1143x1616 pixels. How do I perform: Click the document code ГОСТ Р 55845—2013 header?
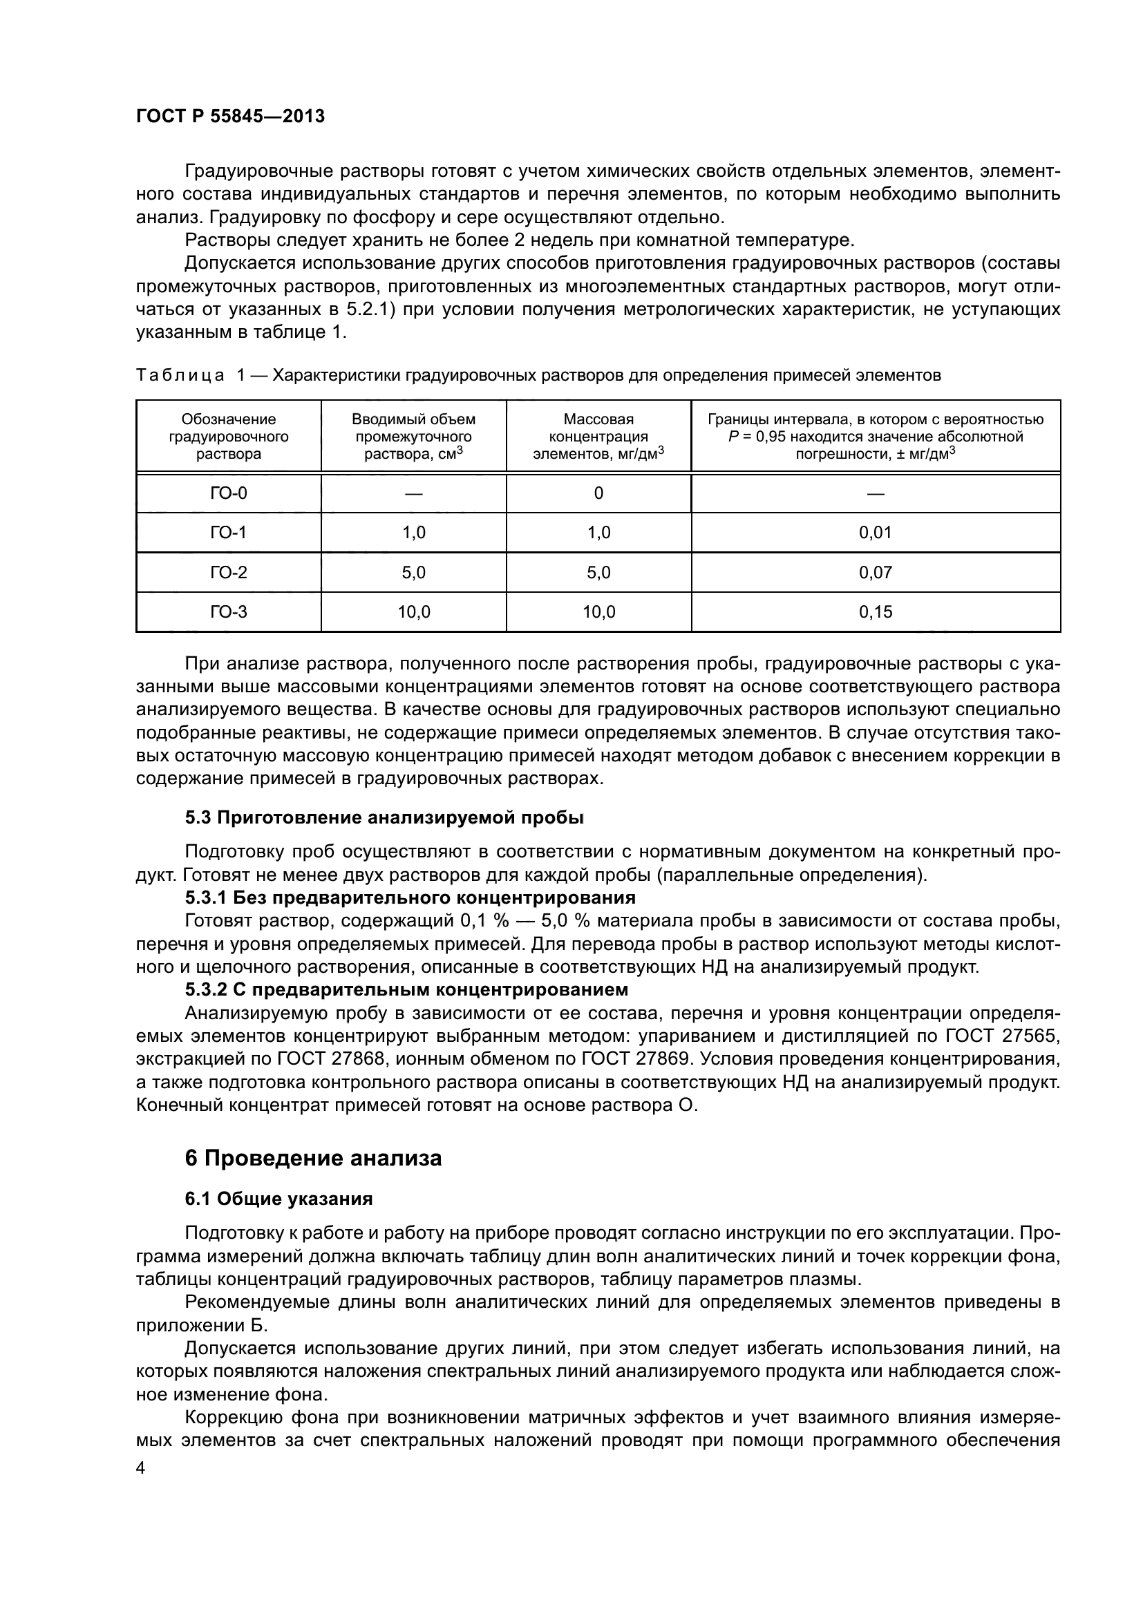coord(230,117)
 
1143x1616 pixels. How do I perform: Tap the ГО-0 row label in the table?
coord(229,493)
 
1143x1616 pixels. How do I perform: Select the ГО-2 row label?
coord(229,572)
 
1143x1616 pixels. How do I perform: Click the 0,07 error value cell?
coord(875,572)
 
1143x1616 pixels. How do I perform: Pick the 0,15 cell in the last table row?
coord(875,612)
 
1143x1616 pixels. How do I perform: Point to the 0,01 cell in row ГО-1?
coord(875,533)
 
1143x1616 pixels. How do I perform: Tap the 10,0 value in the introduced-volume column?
coord(414,612)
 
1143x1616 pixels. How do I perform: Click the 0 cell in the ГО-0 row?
coord(598,493)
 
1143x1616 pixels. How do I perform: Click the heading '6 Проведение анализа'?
coord(313,1159)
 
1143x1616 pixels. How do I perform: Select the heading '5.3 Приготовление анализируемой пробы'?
coord(384,817)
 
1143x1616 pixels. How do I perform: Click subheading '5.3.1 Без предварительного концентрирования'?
coord(410,897)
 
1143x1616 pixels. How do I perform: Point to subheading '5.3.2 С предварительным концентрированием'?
coord(406,989)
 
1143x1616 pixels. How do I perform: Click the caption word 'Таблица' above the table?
coord(180,375)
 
